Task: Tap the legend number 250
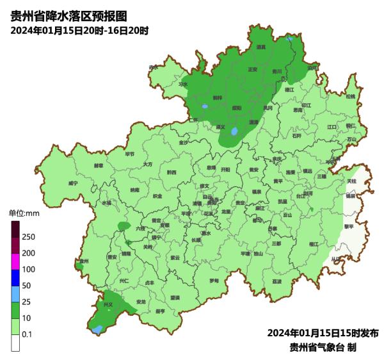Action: click(28, 237)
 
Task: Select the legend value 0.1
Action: click(28, 334)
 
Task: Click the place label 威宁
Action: click(73, 183)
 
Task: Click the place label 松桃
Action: click(350, 96)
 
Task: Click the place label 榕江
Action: click(313, 244)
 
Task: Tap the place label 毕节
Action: click(130, 154)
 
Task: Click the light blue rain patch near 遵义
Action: click(235, 132)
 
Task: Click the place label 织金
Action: click(157, 196)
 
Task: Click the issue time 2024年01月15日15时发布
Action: click(323, 333)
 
